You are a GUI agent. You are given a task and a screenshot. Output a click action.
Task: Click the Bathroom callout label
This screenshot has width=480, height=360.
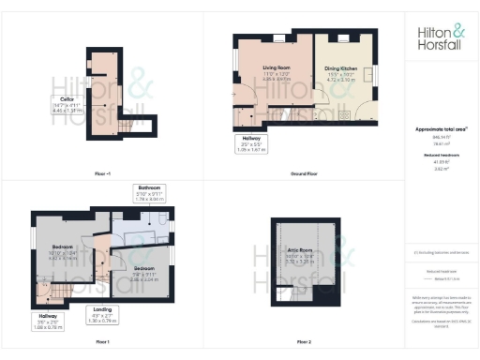click(149, 192)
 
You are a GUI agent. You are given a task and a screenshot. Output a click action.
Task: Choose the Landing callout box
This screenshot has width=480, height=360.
click(104, 315)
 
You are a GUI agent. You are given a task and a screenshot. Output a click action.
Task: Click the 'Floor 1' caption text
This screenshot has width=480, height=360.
click(102, 341)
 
